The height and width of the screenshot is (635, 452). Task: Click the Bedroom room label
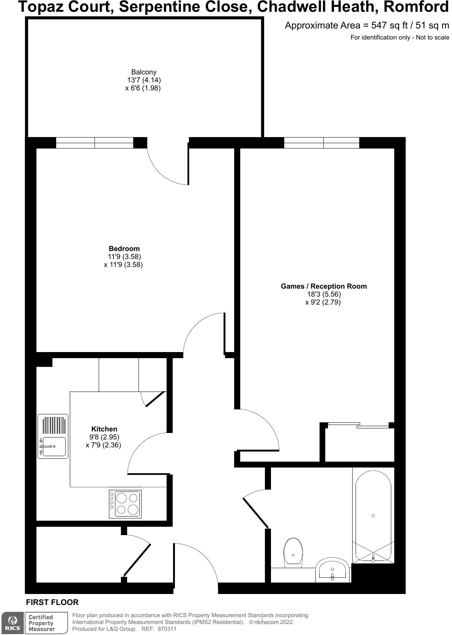[x=124, y=249]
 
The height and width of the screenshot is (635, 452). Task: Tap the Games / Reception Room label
[x=324, y=286]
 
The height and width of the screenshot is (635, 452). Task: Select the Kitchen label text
[x=104, y=429]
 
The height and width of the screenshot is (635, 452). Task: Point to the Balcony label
[x=143, y=72]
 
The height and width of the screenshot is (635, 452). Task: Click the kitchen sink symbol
[x=53, y=436]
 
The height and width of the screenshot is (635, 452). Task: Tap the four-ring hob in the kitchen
[x=125, y=504]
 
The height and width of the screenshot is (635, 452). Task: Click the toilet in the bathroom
[x=293, y=553]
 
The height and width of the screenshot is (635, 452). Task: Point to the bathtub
[x=373, y=516]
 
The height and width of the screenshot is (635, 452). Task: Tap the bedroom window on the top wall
[x=94, y=143]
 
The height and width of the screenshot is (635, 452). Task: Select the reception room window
[x=321, y=143]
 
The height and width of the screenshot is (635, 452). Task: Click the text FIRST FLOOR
[x=52, y=602]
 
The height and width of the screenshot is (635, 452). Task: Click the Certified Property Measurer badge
[x=42, y=623]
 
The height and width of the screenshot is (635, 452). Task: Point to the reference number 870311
[x=167, y=629]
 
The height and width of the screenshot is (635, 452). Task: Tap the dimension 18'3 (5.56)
[x=324, y=294]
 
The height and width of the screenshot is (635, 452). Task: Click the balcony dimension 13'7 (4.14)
[x=143, y=80]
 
